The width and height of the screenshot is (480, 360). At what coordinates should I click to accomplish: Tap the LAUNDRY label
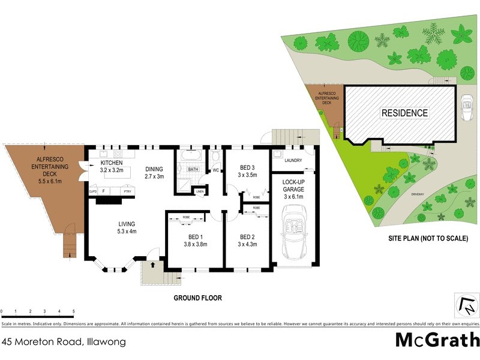[x=293, y=160]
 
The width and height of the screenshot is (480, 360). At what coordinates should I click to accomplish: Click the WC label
[x=215, y=170]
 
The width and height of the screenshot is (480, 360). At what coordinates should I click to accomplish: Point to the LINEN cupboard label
[x=199, y=191]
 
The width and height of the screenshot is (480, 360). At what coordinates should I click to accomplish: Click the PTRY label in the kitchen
[x=127, y=191]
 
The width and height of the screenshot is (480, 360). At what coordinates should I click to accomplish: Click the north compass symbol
[x=466, y=307]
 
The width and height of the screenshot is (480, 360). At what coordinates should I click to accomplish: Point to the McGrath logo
[x=437, y=339]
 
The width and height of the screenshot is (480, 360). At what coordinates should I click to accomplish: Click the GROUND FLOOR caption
[x=198, y=298]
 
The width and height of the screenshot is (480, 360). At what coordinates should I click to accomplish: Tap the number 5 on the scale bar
[x=73, y=311]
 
